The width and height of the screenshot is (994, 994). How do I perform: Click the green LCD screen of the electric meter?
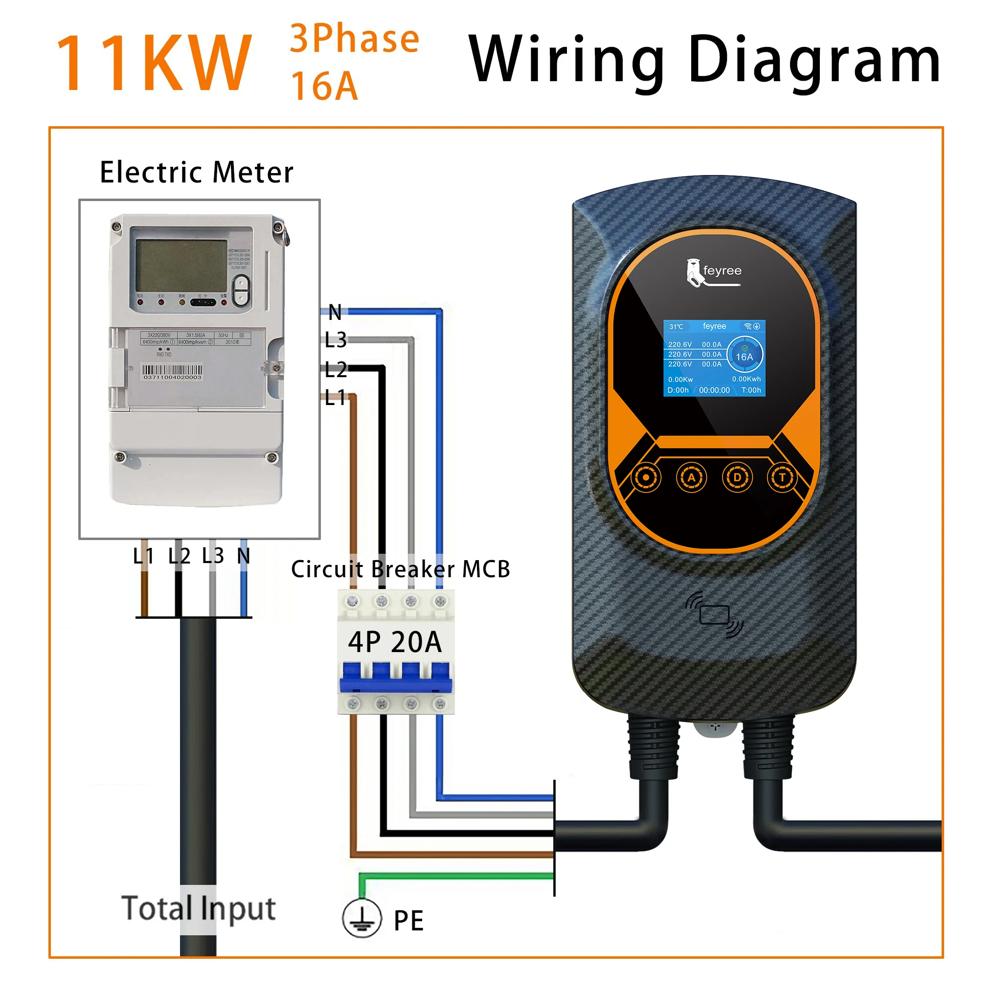tap(181, 266)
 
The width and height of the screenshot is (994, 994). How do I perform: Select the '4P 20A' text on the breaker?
tap(395, 642)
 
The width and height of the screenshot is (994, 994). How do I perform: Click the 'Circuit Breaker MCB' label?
tap(400, 569)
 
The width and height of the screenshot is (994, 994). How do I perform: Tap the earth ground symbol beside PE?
tap(361, 918)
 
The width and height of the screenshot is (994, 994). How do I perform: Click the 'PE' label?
tap(408, 921)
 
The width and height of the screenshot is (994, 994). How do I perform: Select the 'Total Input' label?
tap(199, 908)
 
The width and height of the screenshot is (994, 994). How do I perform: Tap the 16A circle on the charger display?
tap(744, 356)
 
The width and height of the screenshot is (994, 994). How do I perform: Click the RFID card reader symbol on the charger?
tap(714, 615)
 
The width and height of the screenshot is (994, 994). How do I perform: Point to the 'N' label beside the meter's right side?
tap(335, 312)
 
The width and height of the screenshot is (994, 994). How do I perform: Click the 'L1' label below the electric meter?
tap(143, 556)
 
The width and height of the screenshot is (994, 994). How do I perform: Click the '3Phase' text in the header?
tap(355, 39)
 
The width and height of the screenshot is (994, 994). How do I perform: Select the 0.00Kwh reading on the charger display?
tap(746, 379)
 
